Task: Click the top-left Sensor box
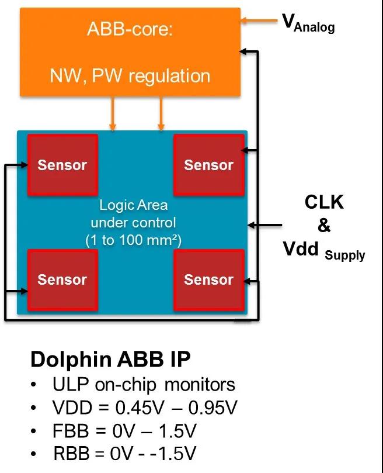[x=62, y=165]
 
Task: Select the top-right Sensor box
[x=208, y=165]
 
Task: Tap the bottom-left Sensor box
[x=62, y=279]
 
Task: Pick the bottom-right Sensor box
[x=208, y=279]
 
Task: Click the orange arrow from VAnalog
[x=259, y=22]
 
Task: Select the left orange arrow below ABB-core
[x=113, y=113]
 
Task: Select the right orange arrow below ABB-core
[x=161, y=113]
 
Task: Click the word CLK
[x=324, y=202]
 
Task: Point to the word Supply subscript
[x=346, y=255]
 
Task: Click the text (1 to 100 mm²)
[x=133, y=239]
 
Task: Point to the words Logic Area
[x=133, y=205]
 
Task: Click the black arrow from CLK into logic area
[x=266, y=224]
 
